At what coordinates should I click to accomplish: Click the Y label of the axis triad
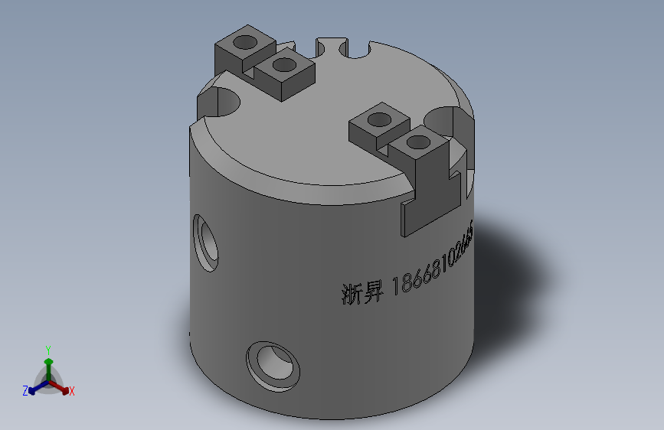pyautogui.click(x=47, y=348)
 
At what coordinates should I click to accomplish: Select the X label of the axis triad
pyautogui.click(x=71, y=392)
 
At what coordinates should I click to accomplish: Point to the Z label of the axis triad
pyautogui.click(x=25, y=391)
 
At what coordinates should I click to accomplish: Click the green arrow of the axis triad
pyautogui.click(x=48, y=363)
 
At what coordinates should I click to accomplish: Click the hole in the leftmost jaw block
pyautogui.click(x=247, y=41)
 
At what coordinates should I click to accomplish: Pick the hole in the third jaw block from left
pyautogui.click(x=378, y=119)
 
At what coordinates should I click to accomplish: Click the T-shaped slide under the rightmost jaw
pyautogui.click(x=433, y=196)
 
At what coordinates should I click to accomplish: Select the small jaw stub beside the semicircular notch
pyautogui.click(x=329, y=44)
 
